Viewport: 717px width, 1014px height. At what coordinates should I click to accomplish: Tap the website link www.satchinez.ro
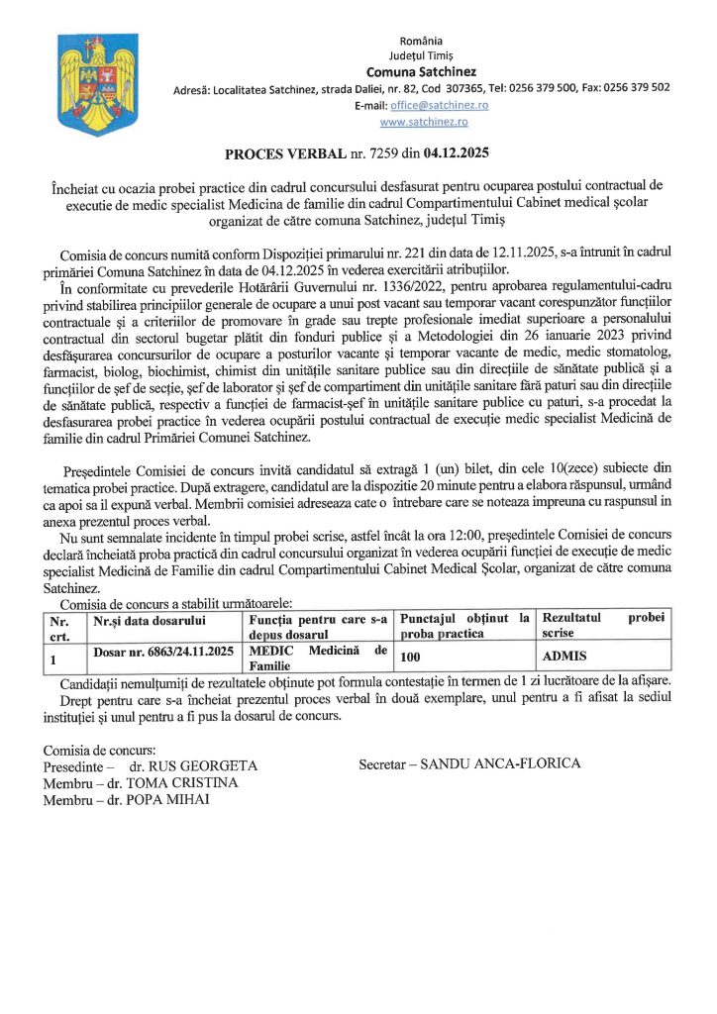(x=424, y=121)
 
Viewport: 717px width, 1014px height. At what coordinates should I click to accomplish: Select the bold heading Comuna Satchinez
(x=421, y=71)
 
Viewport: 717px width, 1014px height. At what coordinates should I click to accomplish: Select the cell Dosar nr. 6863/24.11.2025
(x=163, y=652)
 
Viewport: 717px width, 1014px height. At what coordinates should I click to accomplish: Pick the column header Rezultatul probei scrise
(x=603, y=625)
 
